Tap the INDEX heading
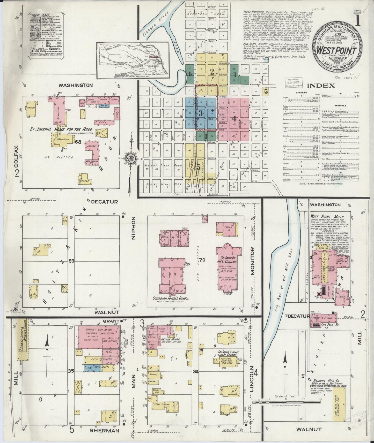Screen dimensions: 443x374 pyautogui.click(x=321, y=86)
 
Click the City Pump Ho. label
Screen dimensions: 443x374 pyautogui.click(x=326, y=325)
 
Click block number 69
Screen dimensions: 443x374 pyautogui.click(x=71, y=261)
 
